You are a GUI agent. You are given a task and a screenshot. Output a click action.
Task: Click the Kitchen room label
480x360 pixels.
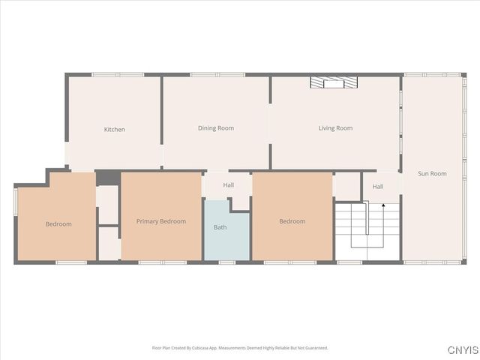tap(115, 130)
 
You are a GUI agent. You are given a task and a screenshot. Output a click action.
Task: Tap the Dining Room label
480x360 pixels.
tap(216, 128)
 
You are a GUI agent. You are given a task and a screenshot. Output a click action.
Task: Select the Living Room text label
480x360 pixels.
tap(335, 128)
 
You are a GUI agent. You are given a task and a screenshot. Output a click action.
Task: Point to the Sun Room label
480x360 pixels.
tap(432, 173)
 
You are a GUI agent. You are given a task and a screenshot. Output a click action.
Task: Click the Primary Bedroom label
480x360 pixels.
tap(161, 221)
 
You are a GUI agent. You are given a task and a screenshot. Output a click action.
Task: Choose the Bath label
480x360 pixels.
tap(220, 226)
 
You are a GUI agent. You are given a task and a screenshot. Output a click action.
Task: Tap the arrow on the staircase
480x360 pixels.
tap(383, 205)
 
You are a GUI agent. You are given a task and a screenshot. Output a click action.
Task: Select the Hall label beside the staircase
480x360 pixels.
tap(378, 187)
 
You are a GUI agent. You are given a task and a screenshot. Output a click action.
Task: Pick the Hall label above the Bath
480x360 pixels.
tap(228, 184)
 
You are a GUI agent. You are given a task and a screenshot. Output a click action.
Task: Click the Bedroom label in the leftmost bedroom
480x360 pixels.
tap(58, 224)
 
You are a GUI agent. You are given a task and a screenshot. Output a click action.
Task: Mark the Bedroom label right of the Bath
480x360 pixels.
tap(292, 221)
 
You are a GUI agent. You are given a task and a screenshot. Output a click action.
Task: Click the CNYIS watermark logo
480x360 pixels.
tap(462, 349)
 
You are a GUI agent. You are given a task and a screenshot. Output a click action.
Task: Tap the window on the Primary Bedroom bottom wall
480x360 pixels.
tap(163, 262)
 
